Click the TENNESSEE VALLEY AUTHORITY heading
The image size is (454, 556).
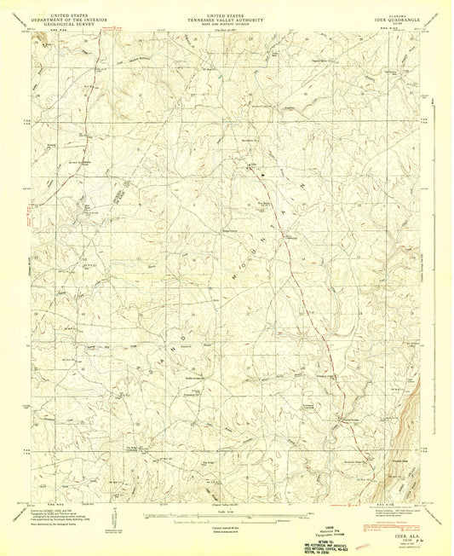point(227,15)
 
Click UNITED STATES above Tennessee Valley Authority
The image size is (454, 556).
point(227,10)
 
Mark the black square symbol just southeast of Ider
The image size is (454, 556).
point(263,174)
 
